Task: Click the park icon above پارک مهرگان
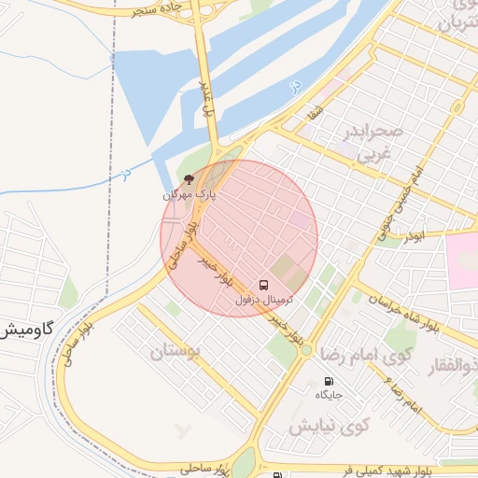[x=190, y=178]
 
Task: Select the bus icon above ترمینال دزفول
[x=263, y=284]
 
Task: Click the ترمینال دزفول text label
[x=263, y=300]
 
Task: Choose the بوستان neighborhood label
[x=175, y=352]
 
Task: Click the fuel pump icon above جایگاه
[x=328, y=381]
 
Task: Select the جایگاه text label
[x=329, y=396]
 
